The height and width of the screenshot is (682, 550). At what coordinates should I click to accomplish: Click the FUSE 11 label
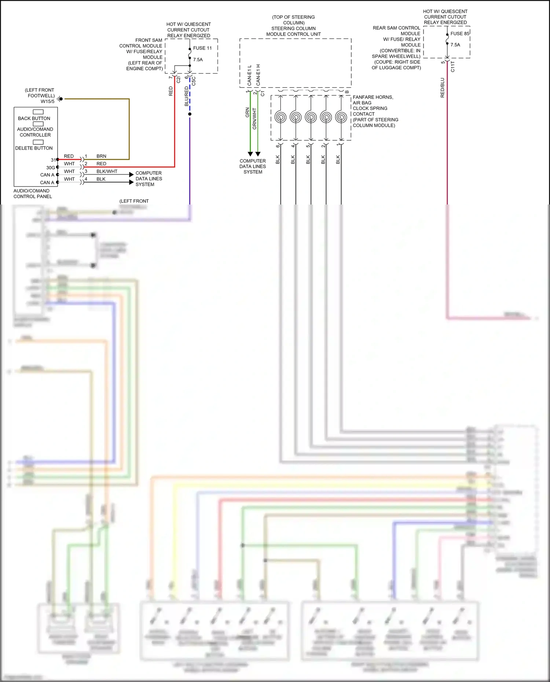[x=202, y=48]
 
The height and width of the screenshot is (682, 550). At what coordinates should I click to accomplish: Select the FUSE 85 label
[x=460, y=33]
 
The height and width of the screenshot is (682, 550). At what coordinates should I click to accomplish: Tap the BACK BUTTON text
[x=34, y=118]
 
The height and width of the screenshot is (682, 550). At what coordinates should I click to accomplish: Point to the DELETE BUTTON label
[x=34, y=148]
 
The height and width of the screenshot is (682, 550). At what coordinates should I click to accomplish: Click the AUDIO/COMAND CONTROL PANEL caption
[x=33, y=193]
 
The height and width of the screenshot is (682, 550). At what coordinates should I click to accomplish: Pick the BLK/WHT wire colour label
[x=107, y=171]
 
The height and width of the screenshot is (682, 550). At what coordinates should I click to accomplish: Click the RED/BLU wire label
[x=442, y=88]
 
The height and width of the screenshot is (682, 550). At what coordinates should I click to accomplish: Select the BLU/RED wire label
[x=187, y=96]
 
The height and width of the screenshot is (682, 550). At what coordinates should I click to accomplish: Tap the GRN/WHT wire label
[x=254, y=118]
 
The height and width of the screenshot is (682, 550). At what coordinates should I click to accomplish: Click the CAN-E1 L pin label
[x=249, y=75]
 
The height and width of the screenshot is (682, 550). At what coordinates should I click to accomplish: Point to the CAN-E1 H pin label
[x=258, y=75]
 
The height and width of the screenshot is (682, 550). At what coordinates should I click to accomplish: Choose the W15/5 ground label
[x=47, y=102]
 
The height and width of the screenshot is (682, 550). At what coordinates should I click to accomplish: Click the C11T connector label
[x=453, y=67]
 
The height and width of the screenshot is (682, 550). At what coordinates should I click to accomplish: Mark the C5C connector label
[x=194, y=81]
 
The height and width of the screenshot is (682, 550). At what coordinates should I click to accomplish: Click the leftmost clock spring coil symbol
[x=280, y=117]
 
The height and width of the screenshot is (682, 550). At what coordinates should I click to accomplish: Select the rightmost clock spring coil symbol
[x=341, y=117]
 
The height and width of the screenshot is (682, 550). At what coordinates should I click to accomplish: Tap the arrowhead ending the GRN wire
[x=250, y=154]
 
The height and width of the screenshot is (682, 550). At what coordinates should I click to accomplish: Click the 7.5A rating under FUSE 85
[x=455, y=45]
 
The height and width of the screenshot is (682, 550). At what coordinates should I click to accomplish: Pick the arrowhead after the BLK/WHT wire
[x=131, y=174]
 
